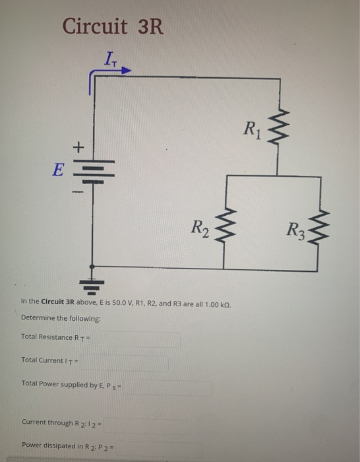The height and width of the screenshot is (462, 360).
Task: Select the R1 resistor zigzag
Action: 278,126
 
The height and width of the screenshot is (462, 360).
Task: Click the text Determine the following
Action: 61,318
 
